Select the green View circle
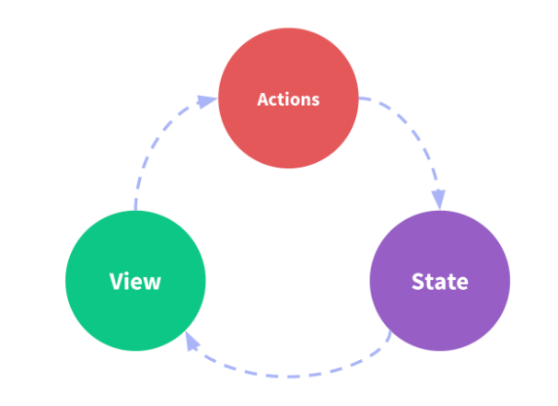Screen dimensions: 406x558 click(x=135, y=280)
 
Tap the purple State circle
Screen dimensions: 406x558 click(x=439, y=280)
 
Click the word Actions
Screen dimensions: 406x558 click(x=287, y=99)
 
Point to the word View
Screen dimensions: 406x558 click(x=134, y=281)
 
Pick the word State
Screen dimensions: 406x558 click(x=439, y=281)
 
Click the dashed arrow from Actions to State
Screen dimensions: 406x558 click(x=419, y=138)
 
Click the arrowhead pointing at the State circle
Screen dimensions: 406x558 click(x=439, y=198)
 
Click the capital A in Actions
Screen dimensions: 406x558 click(x=262, y=99)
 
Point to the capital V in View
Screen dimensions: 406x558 click(x=115, y=281)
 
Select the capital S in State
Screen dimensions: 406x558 click(x=417, y=281)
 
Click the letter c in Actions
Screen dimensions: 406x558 click(x=273, y=100)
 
